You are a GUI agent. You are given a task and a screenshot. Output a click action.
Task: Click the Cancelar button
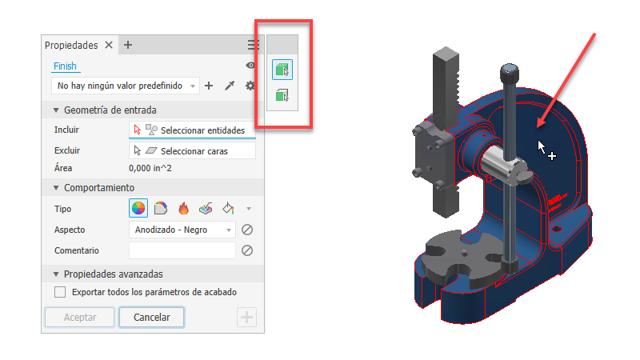(151, 317)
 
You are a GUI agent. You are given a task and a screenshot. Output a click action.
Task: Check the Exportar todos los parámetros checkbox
(60, 292)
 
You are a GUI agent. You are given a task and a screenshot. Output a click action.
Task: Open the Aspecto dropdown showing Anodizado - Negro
(182, 230)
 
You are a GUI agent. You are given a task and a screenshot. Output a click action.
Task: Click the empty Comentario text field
(182, 250)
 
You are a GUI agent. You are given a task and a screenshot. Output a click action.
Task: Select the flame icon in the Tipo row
(184, 209)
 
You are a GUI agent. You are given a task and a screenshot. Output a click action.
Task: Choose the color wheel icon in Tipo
(138, 209)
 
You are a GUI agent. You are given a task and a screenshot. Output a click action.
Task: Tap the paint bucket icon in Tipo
(228, 209)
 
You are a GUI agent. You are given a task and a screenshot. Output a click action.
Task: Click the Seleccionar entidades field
(192, 130)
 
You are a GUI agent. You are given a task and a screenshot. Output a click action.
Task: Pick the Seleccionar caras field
(192, 151)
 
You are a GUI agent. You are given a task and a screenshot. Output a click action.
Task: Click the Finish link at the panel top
(65, 66)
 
